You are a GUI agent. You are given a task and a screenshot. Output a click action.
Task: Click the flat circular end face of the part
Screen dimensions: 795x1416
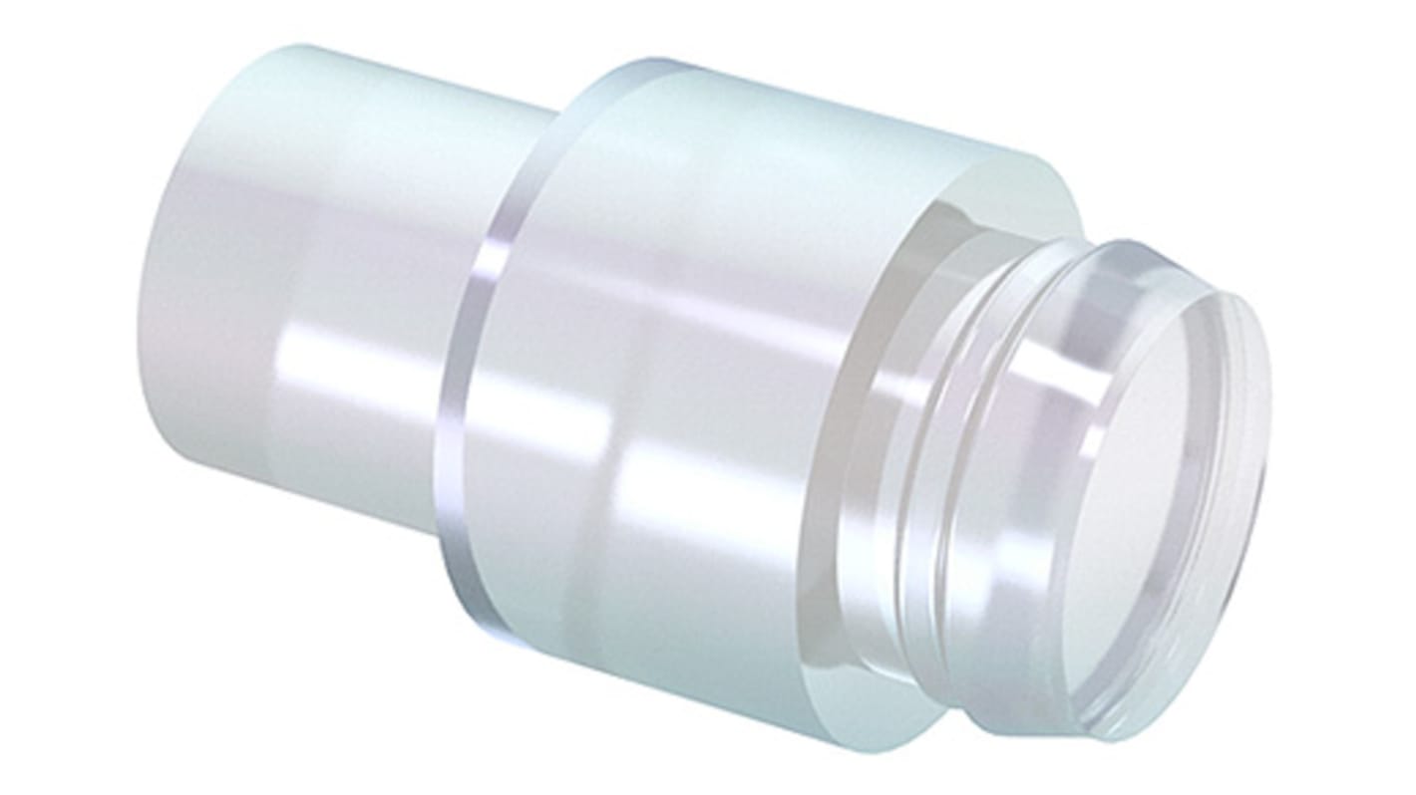tap(1157, 498)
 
